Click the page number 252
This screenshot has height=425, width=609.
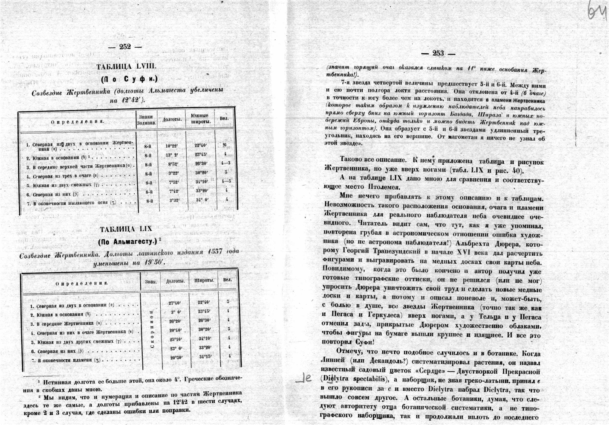pos(125,47)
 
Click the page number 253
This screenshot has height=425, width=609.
pos(438,53)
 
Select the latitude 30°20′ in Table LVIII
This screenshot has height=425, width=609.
pos(201,173)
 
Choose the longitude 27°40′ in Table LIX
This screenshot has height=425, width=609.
pos(175,303)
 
